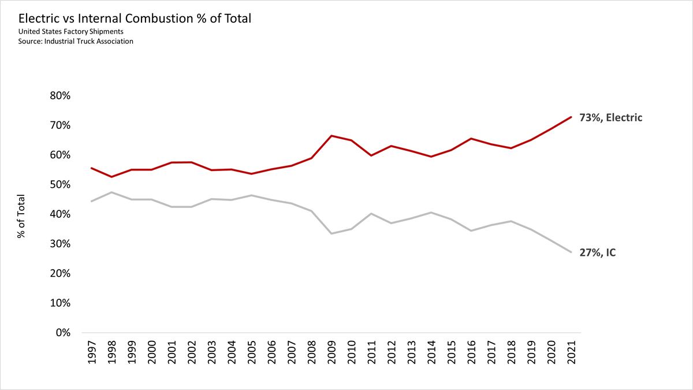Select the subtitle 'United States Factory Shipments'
[x=70, y=31]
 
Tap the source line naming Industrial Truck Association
[x=76, y=42]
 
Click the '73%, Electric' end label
[x=611, y=118]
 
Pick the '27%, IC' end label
[x=598, y=252]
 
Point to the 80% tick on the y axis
[x=57, y=96]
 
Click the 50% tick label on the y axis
[x=57, y=185]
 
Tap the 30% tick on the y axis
[x=57, y=244]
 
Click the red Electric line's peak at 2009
[x=331, y=136]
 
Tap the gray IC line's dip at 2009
[x=331, y=233]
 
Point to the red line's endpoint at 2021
[x=571, y=117]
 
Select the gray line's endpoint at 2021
[x=571, y=252]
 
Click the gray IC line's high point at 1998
[x=111, y=192]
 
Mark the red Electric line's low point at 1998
[x=111, y=177]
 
